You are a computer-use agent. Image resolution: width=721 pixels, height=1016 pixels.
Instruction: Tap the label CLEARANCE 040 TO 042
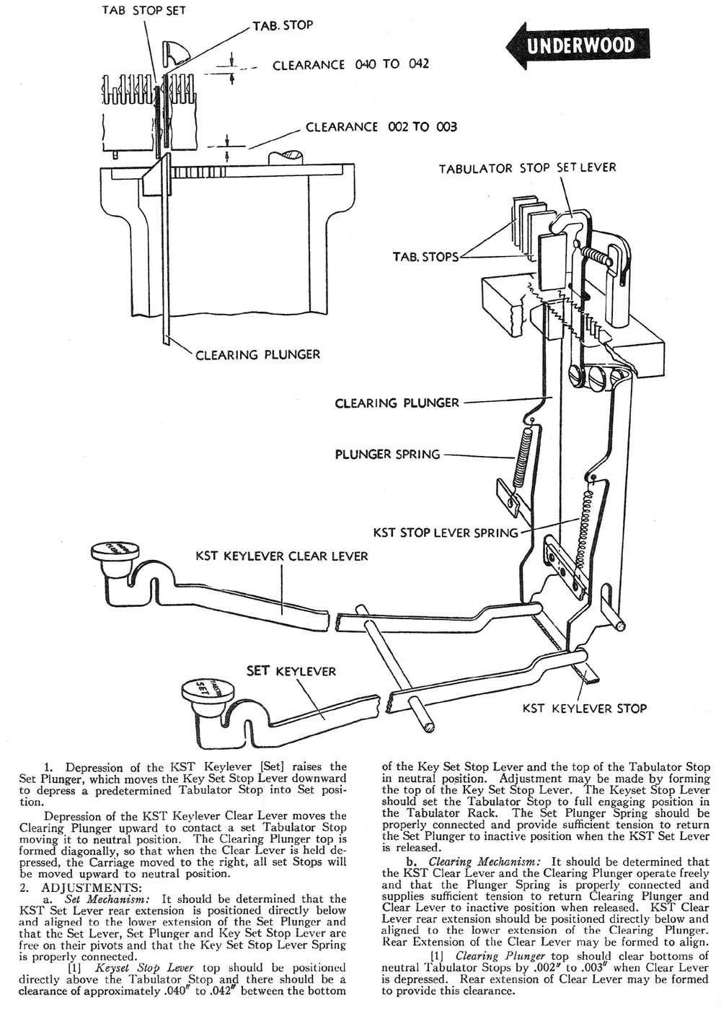pyautogui.click(x=350, y=64)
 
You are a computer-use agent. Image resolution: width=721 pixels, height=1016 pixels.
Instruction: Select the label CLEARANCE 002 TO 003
pyautogui.click(x=381, y=127)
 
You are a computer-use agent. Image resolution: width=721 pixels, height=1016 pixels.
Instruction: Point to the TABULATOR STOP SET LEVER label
pyautogui.click(x=528, y=168)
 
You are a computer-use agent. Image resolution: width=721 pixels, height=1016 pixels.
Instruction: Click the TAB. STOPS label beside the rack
pyautogui.click(x=425, y=257)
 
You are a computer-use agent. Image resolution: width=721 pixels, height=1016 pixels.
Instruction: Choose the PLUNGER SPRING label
pyautogui.click(x=387, y=455)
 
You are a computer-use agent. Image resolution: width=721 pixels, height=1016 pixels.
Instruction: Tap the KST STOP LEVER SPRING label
pyautogui.click(x=445, y=533)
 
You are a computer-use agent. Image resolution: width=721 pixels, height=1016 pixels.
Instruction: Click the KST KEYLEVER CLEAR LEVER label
pyautogui.click(x=282, y=556)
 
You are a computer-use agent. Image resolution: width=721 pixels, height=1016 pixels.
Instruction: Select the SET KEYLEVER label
pyautogui.click(x=291, y=671)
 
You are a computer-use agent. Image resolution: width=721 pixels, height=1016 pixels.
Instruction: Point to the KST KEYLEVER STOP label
pyautogui.click(x=585, y=708)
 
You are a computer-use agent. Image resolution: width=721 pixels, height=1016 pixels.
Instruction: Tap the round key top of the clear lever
pyautogui.click(x=113, y=552)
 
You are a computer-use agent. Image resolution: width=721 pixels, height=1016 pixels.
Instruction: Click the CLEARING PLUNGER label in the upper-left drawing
pyautogui.click(x=258, y=354)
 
